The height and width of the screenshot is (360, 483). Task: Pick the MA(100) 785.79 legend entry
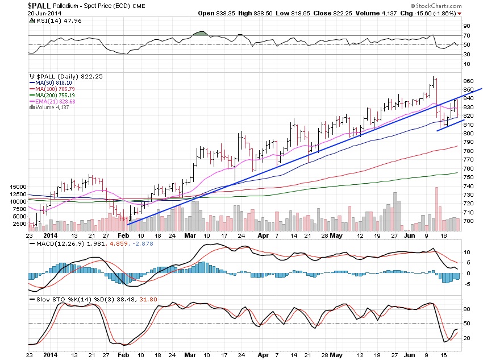click(x=53, y=89)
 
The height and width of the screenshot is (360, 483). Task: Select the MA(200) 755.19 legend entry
click(x=53, y=95)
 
